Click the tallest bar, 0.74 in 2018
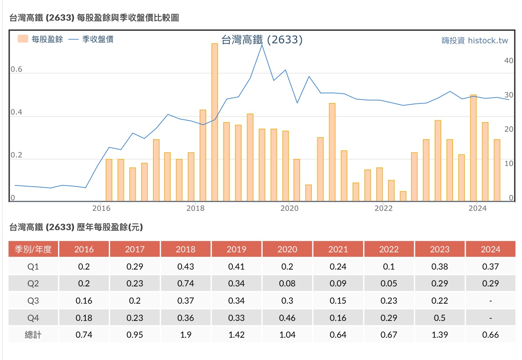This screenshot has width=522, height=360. tap(214, 122)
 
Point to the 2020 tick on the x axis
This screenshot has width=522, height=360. tap(289, 208)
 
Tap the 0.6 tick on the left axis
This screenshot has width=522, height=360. tap(16, 69)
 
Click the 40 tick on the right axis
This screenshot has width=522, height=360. tap(509, 61)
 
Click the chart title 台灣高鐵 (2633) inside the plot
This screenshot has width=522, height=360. tap(262, 40)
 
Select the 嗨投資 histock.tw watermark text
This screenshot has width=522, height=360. tap(475, 41)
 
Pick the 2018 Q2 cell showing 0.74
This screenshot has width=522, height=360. tap(185, 283)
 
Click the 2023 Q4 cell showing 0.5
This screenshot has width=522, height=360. tap(440, 318)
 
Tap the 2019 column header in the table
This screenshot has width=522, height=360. tap(236, 249)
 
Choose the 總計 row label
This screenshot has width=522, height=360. tap(33, 335)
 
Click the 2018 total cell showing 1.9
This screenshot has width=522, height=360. tap(185, 335)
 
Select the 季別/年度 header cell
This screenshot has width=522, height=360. tap(33, 249)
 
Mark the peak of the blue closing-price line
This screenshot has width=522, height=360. tap(262, 45)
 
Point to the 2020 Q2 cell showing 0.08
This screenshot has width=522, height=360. tap(287, 283)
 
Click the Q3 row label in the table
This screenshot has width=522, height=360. tap(33, 301)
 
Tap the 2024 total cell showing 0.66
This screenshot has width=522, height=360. tap(490, 335)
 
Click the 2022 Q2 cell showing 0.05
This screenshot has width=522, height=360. tap(389, 283)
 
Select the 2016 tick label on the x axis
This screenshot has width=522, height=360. tap(101, 208)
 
